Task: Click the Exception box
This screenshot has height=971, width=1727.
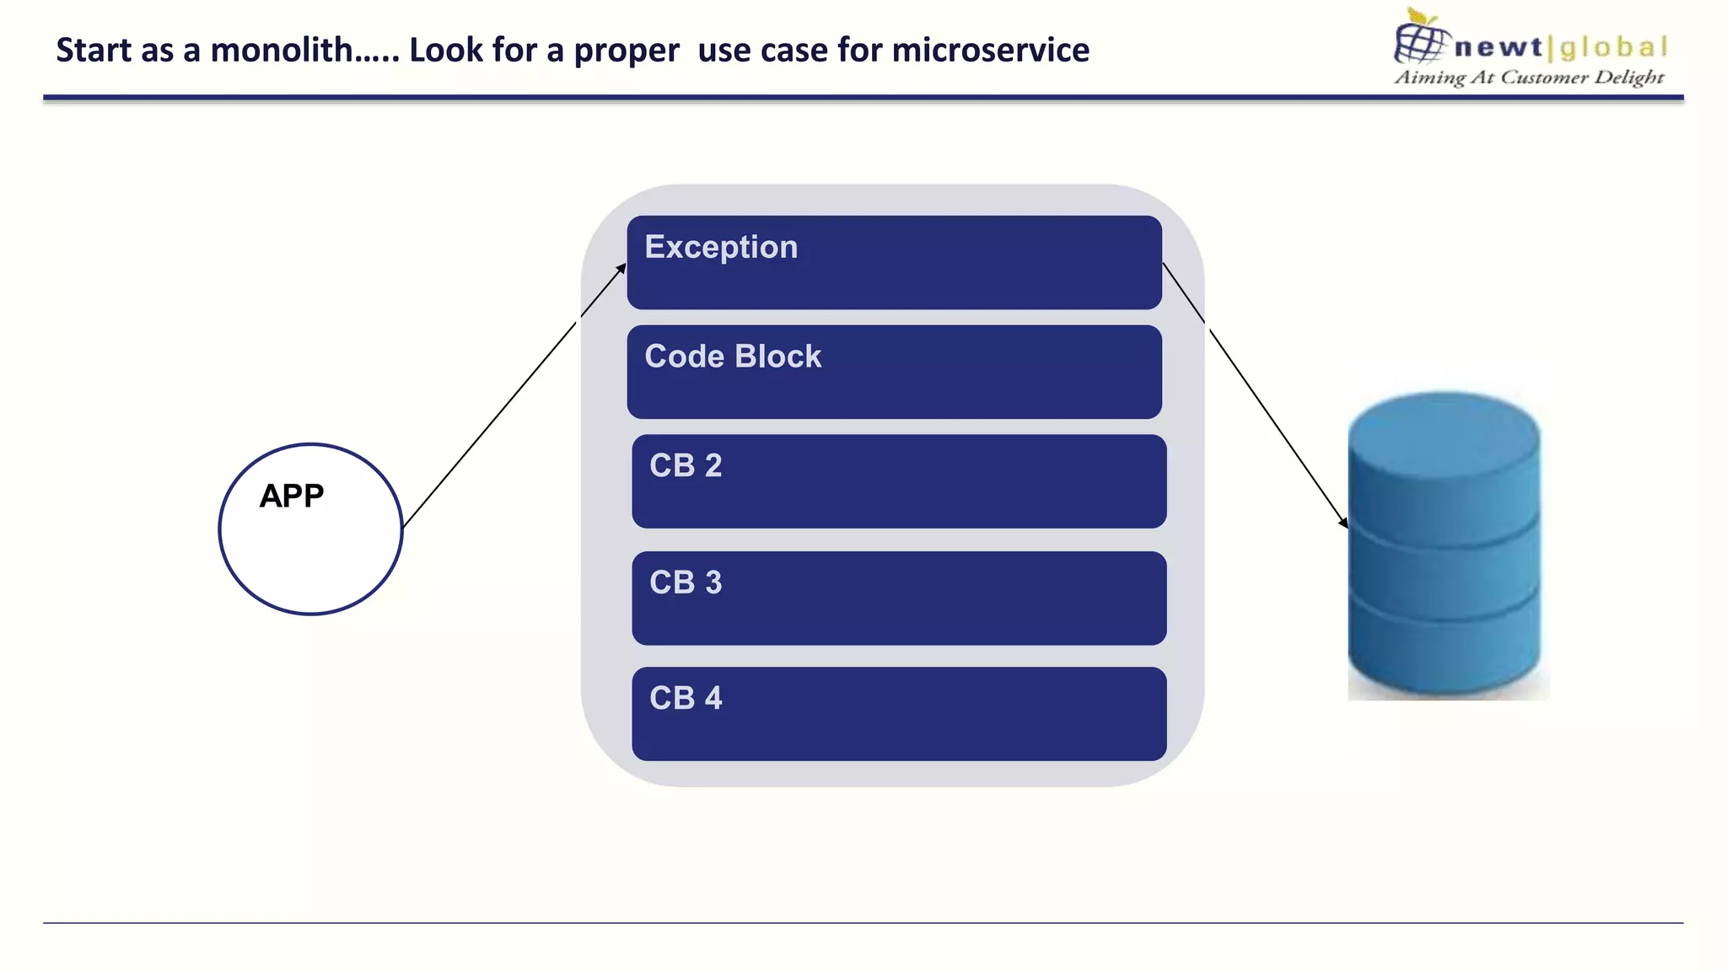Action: coord(894,262)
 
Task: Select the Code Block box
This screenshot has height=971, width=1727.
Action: coord(894,372)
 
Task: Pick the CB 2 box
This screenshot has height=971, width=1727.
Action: coord(899,481)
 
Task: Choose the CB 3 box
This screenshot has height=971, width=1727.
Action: coord(899,598)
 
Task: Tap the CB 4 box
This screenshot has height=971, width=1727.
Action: coord(899,714)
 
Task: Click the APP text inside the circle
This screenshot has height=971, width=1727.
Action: coord(292,496)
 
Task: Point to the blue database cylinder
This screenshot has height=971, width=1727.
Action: coord(1445,556)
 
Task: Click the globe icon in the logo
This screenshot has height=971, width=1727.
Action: coord(1420,40)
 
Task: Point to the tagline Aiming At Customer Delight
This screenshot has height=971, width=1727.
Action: coord(1529,78)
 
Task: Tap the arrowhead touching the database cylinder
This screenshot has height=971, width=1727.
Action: coord(1343,523)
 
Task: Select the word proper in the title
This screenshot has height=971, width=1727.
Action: coord(627,51)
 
